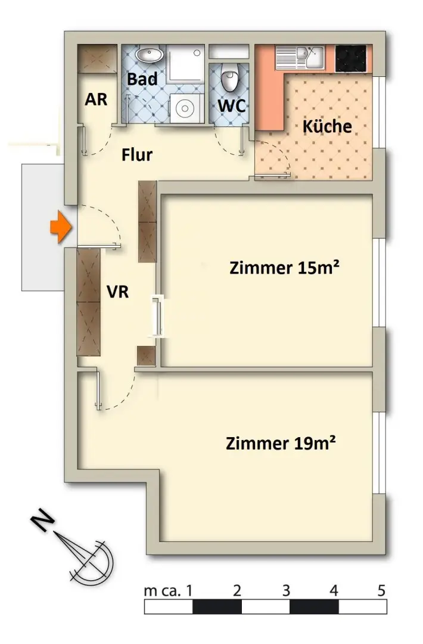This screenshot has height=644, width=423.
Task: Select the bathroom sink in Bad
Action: click(149, 56)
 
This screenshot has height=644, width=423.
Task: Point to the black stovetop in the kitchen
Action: click(352, 57)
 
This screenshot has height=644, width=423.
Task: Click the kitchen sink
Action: click(304, 57)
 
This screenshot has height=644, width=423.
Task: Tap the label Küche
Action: click(326, 126)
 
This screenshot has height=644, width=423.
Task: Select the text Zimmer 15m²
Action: click(284, 268)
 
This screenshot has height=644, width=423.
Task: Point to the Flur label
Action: click(137, 155)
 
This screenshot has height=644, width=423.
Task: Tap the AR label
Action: click(96, 99)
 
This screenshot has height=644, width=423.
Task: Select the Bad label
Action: click(142, 79)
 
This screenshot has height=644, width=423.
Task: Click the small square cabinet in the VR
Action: click(146, 355)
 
